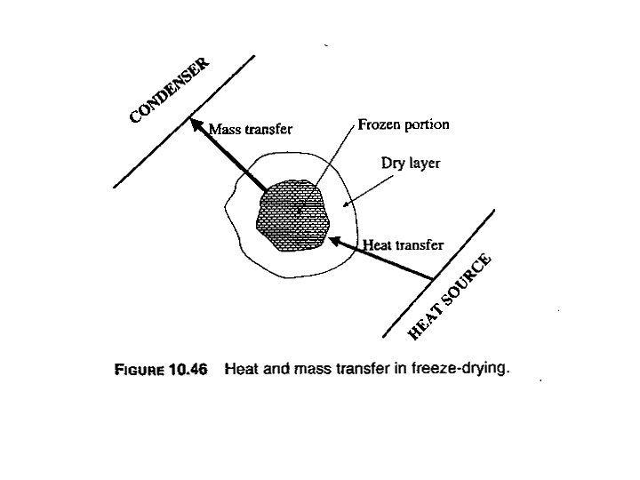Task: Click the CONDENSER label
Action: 170,90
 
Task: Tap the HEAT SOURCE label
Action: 450,297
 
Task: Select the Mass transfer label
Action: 251,129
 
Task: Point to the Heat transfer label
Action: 404,244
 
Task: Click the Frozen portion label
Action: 403,124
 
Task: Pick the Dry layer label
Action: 411,164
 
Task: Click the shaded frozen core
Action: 290,216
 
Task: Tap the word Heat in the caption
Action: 241,369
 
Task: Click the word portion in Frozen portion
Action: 427,124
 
